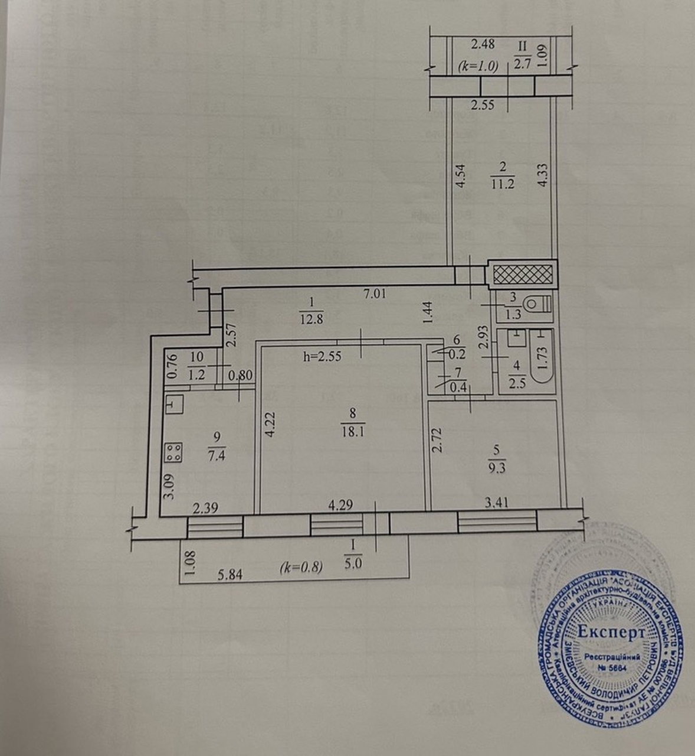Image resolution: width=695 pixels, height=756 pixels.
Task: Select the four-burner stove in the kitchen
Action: click(173, 453)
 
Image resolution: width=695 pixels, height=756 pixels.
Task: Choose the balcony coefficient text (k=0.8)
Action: click(301, 568)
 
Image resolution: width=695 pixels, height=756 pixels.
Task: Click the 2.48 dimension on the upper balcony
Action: click(483, 44)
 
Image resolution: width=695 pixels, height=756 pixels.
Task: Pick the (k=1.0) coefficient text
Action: click(478, 67)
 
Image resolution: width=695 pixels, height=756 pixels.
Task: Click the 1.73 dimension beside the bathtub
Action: click(543, 357)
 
